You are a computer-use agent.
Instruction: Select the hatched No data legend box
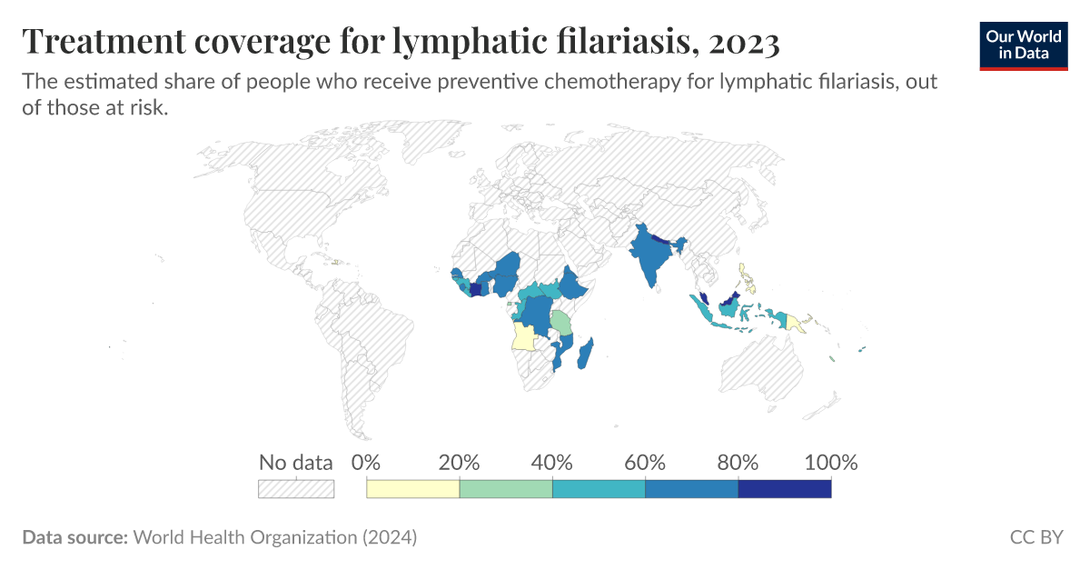296,489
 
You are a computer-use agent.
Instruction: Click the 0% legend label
365,462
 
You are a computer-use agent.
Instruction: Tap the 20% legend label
459,462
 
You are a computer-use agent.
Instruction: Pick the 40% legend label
552,462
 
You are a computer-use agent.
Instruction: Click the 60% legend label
645,462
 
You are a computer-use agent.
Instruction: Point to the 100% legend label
830,462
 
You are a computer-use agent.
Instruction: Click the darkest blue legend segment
785,489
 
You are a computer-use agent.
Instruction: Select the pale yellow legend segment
412,489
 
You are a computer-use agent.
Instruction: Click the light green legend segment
506,489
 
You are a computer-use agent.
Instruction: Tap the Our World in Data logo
1024,45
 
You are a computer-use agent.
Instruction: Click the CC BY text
1036,537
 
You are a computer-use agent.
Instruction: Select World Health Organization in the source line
245,537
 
